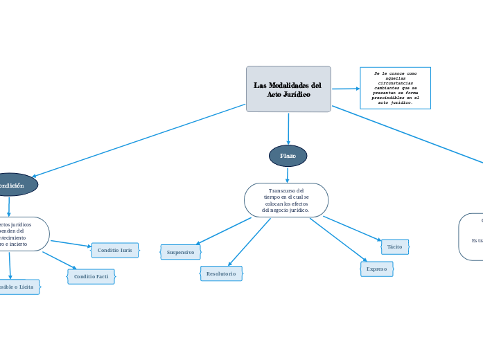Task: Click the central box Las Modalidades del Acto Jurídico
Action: [x=288, y=89]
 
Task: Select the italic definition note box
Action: [x=395, y=88]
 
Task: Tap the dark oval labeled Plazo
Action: [x=288, y=156]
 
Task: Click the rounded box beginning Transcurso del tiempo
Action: [x=286, y=200]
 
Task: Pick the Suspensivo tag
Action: [x=180, y=252]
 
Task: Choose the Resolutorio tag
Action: [x=221, y=273]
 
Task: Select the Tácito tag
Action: [x=394, y=246]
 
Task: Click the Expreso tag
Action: [x=376, y=269]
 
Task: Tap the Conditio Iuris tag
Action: [x=114, y=250]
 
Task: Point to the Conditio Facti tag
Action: [x=91, y=276]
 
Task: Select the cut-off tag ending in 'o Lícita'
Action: [x=17, y=287]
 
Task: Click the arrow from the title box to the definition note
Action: [x=345, y=89]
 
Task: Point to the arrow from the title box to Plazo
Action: [x=288, y=128]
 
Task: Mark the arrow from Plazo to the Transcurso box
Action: [x=287, y=174]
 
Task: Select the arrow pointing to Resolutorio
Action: [x=249, y=242]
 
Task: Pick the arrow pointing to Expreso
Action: [x=338, y=240]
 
